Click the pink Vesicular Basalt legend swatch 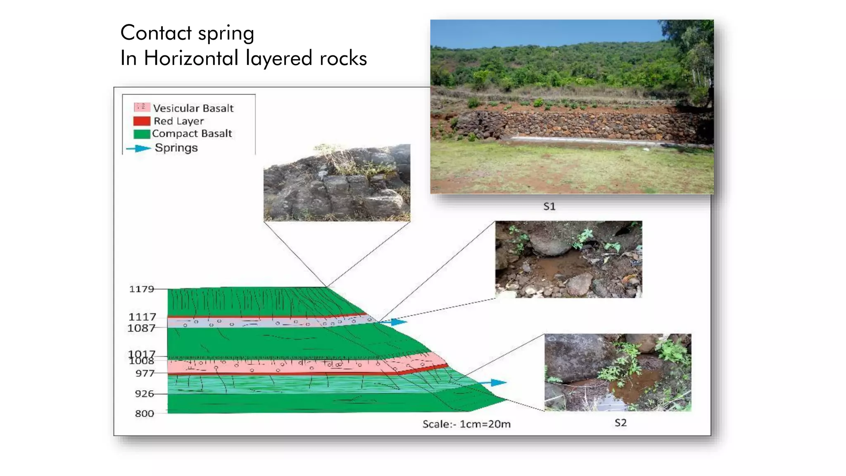click(x=141, y=107)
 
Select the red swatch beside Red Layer click(x=141, y=121)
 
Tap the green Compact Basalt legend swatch click(x=141, y=134)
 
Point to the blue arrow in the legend click(x=138, y=148)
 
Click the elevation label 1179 click(x=141, y=289)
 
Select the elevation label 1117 click(x=142, y=317)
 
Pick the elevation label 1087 click(x=141, y=328)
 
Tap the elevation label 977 click(x=145, y=373)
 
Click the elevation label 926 click(x=144, y=394)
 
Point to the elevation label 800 click(x=144, y=414)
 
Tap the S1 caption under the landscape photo click(x=549, y=207)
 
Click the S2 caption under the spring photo click(x=620, y=423)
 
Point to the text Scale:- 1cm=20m click(x=466, y=424)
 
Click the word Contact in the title click(x=156, y=33)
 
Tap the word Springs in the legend click(x=176, y=148)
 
